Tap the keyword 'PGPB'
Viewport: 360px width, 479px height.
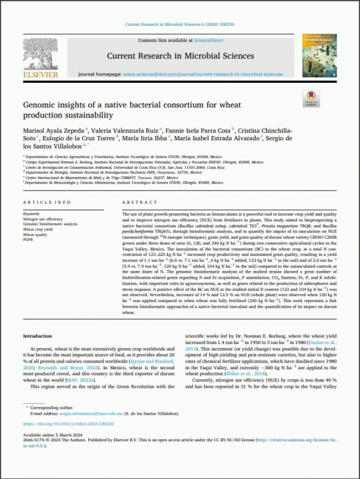29,239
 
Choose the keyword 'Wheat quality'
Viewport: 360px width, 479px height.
37,234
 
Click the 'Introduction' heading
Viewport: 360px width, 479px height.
40,336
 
